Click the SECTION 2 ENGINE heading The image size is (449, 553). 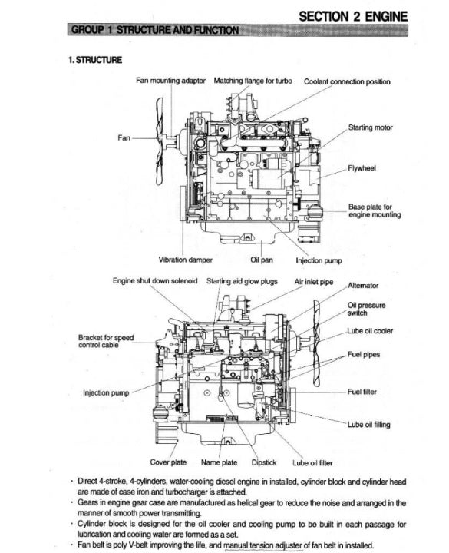coord(353,16)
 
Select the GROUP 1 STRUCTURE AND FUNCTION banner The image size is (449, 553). coord(238,30)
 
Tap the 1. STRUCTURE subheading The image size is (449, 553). coord(95,60)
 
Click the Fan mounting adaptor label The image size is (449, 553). coord(170,81)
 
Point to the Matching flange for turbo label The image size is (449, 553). coord(253,81)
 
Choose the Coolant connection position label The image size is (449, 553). coord(347,82)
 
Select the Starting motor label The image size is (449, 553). coord(371,127)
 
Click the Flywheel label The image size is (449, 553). coord(362,168)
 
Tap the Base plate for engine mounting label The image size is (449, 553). coord(375,210)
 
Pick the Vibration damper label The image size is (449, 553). coord(186,260)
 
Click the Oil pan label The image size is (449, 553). coord(262,260)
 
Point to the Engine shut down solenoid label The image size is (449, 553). coord(155,281)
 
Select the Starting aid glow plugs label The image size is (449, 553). coord(242,281)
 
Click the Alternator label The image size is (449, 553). coord(363,285)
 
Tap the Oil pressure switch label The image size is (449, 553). coord(367,309)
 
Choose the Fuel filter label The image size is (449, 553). coord(362,392)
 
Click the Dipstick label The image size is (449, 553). coord(264,462)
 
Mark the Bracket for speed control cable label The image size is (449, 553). coord(106,341)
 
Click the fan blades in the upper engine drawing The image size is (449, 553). coord(160,141)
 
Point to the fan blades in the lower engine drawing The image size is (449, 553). coord(317,343)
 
